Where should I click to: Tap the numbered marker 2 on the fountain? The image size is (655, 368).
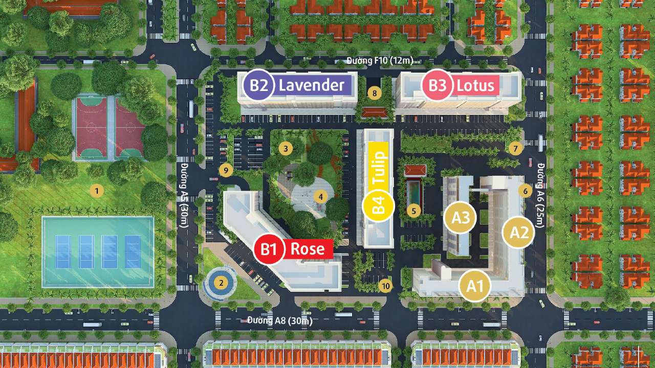pos(221,282)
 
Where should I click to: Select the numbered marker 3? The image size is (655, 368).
pos(286,149)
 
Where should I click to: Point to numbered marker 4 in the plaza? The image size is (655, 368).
pos(320,196)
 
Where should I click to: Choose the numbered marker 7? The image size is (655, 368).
pos(515,149)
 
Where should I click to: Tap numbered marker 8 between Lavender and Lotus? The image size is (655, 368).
pos(375,93)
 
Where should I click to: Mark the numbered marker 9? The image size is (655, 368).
pos(225,170)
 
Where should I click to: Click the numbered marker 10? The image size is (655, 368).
pos(386,286)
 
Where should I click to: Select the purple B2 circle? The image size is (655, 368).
pos(259,85)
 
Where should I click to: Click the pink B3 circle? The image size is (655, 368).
pos(437,85)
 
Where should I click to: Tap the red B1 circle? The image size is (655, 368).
pos(270,249)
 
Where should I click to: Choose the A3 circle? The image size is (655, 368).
pos(461,217)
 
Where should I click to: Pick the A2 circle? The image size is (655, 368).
pos(519,233)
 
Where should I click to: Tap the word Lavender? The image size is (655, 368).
pos(311,85)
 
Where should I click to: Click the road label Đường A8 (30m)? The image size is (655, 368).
pos(279,321)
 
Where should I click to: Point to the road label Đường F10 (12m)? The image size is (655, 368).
pos(379,61)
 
